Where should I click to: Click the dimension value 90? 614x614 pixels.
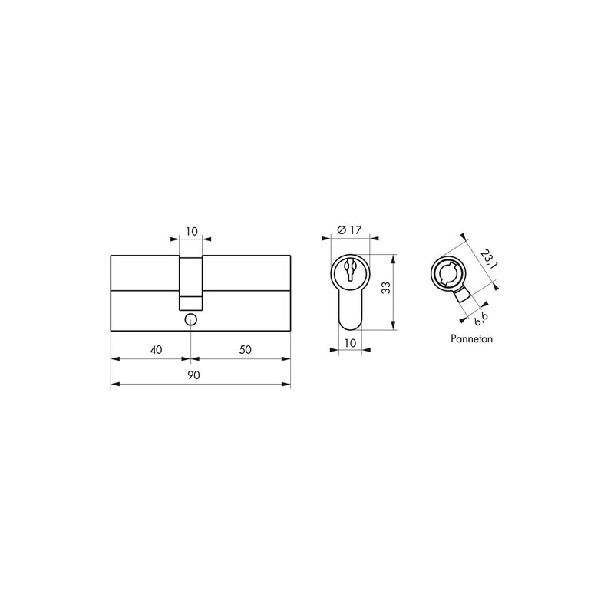tap(193, 375)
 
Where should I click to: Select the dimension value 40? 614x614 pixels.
tap(156, 349)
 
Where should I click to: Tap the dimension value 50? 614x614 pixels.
tap(245, 349)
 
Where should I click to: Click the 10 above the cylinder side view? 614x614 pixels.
tap(191, 231)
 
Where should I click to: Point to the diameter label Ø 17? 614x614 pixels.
tap(349, 229)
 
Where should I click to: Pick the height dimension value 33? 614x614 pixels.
tap(386, 288)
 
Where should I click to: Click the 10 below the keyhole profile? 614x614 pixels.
tap(350, 343)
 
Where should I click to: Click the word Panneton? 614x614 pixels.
tap(471, 338)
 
